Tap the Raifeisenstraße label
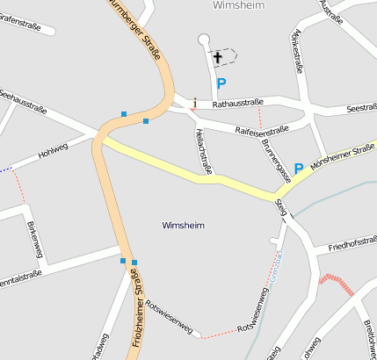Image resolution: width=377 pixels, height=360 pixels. coord(263,130)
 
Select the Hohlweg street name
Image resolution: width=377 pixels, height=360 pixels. coord(53,151)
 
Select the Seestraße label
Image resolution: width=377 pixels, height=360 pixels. coord(361,108)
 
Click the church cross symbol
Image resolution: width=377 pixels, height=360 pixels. coord(218,58)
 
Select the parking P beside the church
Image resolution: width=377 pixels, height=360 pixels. coord(221,84)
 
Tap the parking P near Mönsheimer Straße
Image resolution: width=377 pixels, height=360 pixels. coord(299,168)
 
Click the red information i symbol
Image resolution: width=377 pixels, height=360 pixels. coord(195,103)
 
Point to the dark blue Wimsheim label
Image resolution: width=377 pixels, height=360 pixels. coord(184,226)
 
